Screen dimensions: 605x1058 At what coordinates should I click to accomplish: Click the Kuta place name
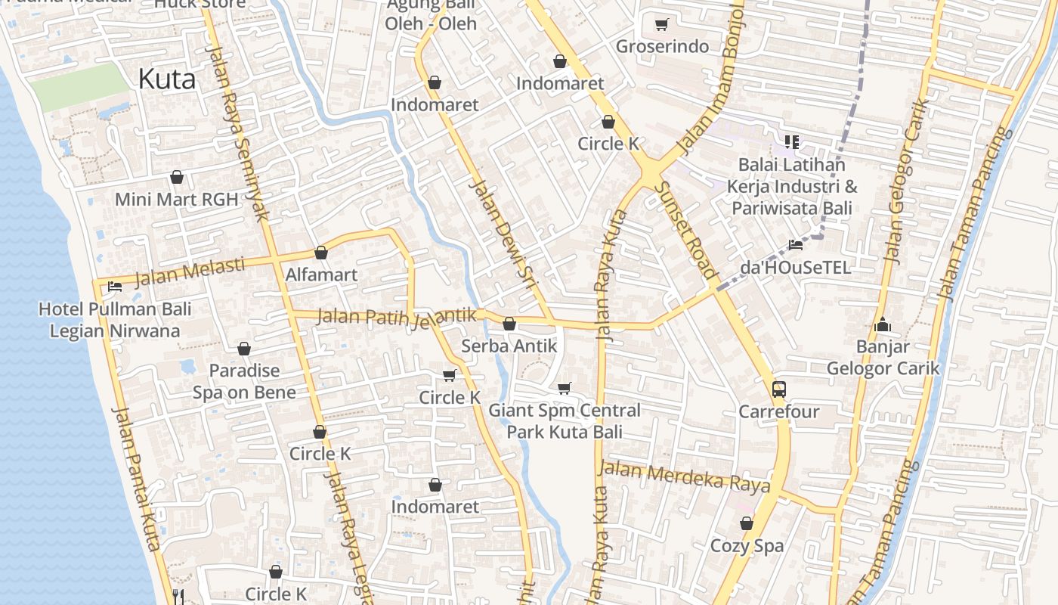click(x=167, y=79)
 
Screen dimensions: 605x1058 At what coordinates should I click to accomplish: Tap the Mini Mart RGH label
click(x=176, y=200)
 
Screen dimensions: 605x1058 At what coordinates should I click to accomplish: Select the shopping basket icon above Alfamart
click(x=321, y=253)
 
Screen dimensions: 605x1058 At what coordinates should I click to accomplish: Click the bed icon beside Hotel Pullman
click(x=115, y=287)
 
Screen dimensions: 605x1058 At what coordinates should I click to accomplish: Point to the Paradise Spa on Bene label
click(x=244, y=381)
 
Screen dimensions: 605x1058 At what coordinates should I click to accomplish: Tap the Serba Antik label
click(x=509, y=346)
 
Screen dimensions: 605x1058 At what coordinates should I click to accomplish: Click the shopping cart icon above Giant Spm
click(x=564, y=389)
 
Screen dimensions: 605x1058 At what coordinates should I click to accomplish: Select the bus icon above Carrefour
click(x=778, y=389)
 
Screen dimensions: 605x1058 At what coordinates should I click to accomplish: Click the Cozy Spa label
click(x=747, y=545)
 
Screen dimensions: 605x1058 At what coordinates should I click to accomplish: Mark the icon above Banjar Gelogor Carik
click(x=882, y=325)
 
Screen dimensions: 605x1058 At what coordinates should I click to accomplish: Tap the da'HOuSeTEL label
click(x=795, y=267)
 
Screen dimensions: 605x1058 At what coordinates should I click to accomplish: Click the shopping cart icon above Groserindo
click(x=662, y=25)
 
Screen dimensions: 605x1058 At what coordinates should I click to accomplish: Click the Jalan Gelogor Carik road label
click(x=906, y=181)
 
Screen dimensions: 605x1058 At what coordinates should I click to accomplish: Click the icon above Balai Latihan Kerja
click(x=791, y=141)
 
